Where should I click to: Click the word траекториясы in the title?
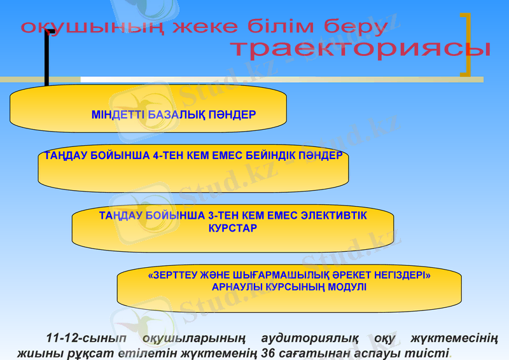point(360,49)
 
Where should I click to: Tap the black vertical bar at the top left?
point(47,57)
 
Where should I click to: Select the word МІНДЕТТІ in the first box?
point(118,116)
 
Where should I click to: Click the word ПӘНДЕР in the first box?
point(232,116)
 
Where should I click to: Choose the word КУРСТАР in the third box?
point(233,228)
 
